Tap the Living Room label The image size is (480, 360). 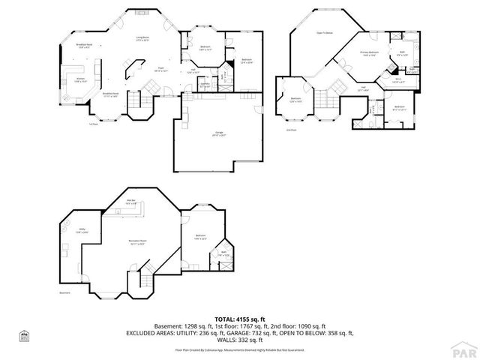click(x=142, y=38)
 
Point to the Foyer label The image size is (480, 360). click(x=160, y=69)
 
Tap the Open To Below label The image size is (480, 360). click(x=324, y=33)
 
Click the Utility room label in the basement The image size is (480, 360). click(x=82, y=231)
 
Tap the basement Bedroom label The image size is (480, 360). click(x=200, y=237)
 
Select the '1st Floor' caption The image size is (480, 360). click(x=93, y=124)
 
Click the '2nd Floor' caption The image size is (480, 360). click(x=291, y=130)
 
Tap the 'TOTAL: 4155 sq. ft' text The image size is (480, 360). click(x=240, y=319)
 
